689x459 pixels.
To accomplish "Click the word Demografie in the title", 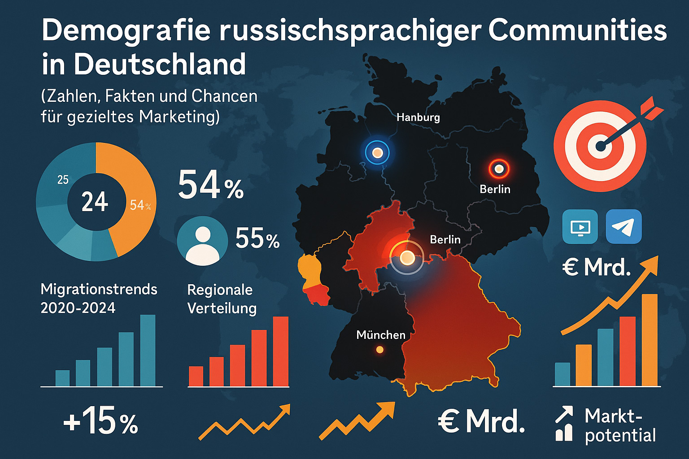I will (126, 30).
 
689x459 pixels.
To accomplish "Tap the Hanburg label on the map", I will (418, 117).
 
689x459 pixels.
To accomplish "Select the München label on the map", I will (380, 335).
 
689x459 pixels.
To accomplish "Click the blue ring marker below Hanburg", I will (377, 153).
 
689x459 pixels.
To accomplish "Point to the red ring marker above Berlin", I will (499, 169).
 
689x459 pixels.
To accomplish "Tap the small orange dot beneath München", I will (380, 350).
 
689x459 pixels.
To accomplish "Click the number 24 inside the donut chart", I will (95, 202).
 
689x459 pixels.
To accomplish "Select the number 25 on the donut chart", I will (63, 180).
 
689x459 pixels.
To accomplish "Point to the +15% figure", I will (100, 422).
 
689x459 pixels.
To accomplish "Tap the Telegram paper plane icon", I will (624, 227).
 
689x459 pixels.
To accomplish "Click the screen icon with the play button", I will (580, 227).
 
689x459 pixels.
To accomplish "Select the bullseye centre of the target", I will (600, 146).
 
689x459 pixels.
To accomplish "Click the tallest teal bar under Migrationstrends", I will (148, 351).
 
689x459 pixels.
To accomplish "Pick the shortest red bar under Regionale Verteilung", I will (196, 376).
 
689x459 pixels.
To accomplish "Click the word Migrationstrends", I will (99, 289).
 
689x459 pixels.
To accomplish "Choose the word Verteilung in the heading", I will (222, 308).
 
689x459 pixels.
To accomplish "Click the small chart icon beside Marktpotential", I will (564, 424).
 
